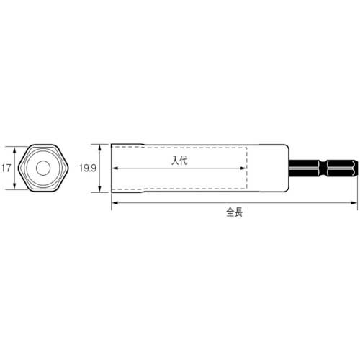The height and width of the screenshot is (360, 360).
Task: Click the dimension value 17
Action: [x=6, y=168]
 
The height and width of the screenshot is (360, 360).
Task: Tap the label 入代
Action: [x=179, y=162]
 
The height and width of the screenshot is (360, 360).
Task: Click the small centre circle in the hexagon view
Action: [x=42, y=168]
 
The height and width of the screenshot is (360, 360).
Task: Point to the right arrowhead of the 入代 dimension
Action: [x=245, y=168]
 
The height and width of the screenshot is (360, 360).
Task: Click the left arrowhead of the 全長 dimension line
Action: [x=114, y=205]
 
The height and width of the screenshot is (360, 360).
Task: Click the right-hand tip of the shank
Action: [x=356, y=168]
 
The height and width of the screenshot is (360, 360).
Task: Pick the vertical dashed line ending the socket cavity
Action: [x=248, y=168]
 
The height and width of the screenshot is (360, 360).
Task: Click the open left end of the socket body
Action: [x=112, y=168]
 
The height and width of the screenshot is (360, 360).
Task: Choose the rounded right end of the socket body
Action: [x=289, y=168]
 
